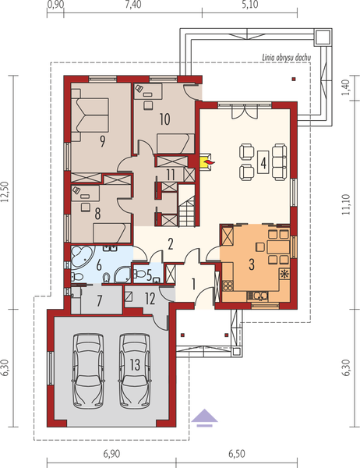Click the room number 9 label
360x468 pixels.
click(x=102, y=141)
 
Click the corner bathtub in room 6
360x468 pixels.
click(x=80, y=257)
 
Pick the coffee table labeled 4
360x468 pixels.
click(x=265, y=162)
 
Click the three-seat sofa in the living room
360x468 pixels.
click(x=281, y=160)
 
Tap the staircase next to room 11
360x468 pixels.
click(x=187, y=211)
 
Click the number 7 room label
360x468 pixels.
click(x=99, y=300)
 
